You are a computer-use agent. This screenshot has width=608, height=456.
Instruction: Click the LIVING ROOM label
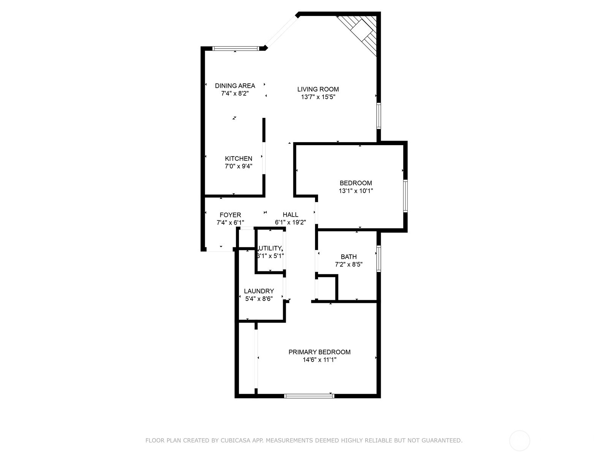coord(318,89)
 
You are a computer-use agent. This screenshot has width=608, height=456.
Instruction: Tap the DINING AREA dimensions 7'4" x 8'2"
coord(235,93)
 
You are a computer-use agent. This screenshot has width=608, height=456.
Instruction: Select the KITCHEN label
coord(238,158)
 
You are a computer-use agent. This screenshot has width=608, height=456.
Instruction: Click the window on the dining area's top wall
coord(235,48)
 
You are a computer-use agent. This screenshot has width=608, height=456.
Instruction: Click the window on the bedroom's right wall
coord(405,196)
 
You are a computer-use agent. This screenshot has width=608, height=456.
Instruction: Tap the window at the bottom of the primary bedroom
coord(309,396)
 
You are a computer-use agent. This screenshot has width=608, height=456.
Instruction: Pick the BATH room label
coord(348,257)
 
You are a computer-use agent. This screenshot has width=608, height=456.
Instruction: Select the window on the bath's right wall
coord(378,259)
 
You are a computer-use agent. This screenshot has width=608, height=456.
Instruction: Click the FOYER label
coord(230,215)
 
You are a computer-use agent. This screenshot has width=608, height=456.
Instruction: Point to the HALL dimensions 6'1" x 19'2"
coord(290,223)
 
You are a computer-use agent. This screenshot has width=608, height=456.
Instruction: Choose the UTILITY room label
coord(270,248)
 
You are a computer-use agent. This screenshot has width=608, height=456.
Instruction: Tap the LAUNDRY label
coord(259,291)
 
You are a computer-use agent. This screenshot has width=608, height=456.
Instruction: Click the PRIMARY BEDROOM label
coord(319,352)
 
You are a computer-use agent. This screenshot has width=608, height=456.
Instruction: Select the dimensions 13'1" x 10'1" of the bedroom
coord(356,191)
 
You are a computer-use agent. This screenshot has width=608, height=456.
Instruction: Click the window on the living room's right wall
coord(378,116)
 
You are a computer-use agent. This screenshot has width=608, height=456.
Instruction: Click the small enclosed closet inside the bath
coord(326,288)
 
